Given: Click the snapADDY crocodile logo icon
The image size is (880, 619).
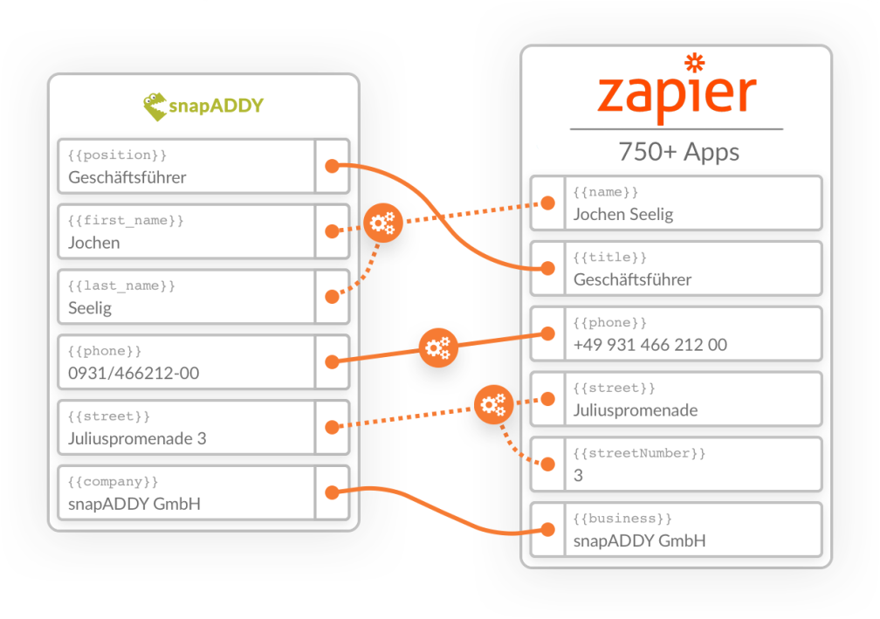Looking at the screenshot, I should [155, 106].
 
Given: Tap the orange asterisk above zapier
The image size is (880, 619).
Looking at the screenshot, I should [695, 63].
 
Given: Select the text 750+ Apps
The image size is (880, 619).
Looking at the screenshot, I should [678, 152].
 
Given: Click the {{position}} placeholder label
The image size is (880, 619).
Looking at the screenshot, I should [117, 155].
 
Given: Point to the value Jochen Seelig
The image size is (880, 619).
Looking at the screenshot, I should [622, 214].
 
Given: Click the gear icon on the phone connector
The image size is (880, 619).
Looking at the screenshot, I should [436, 348].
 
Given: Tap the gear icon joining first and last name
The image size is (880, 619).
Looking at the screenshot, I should [381, 224].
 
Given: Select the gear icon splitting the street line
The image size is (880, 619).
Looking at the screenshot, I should [493, 403].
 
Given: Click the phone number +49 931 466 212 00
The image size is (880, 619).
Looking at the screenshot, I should [650, 345].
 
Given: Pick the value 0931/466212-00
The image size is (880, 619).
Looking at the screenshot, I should [134, 374].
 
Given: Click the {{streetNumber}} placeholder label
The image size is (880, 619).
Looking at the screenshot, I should [639, 453].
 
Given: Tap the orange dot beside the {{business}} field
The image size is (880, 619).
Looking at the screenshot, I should [547, 529].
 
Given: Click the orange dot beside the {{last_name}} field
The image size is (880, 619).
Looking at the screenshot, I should [332, 297].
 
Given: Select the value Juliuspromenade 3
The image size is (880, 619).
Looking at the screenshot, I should [137, 438].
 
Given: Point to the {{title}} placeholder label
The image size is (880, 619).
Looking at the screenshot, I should [609, 258].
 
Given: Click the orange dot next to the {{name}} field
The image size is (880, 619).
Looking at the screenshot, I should [547, 203].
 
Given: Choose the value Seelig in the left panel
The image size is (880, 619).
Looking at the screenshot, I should [90, 308].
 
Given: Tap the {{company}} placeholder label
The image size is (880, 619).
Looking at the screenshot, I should [113, 481].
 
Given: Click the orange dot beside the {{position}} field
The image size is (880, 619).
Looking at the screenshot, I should [332, 166].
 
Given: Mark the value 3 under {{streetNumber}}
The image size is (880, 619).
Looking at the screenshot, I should [578, 476].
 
